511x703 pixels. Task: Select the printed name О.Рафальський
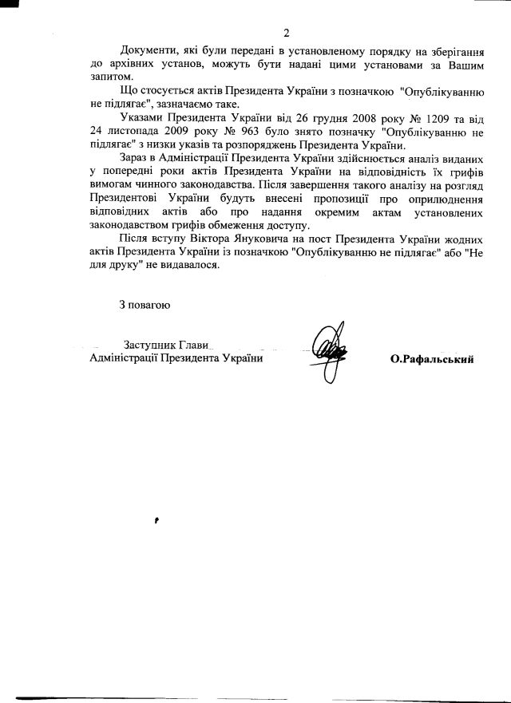(x=433, y=360)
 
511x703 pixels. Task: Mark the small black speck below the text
(x=157, y=519)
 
